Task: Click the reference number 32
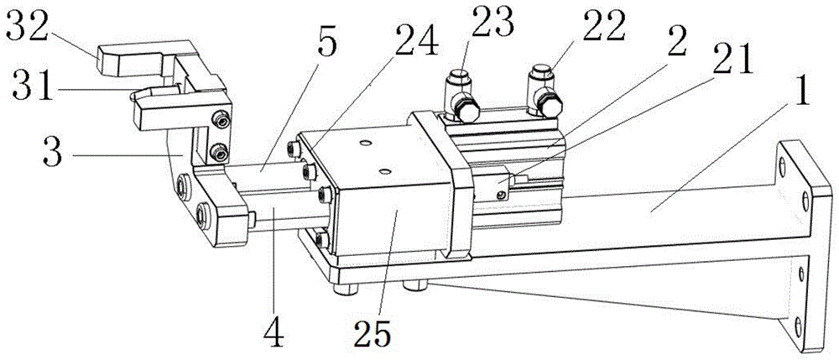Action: (x=24, y=26)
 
